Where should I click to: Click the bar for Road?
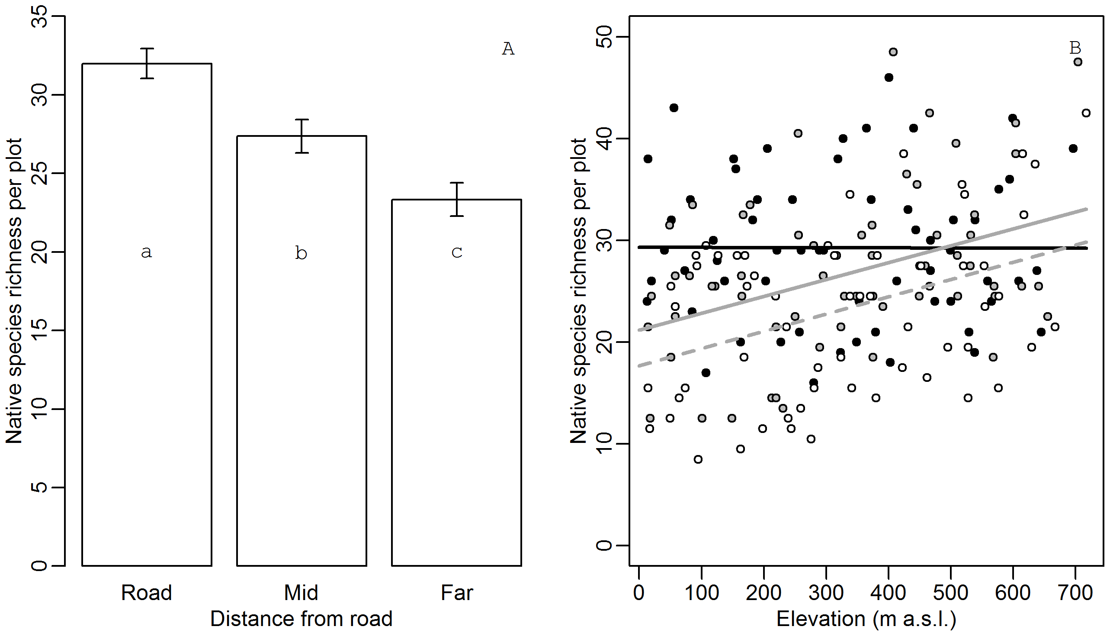click(147, 349)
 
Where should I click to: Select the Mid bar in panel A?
click(302, 371)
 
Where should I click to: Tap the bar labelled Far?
click(456, 393)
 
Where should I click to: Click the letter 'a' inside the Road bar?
click(147, 252)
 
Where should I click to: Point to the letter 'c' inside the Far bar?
click(456, 252)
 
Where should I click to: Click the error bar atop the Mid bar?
click(302, 136)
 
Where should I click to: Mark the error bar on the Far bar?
click(456, 199)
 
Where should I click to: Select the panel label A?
click(508, 49)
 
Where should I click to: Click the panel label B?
click(1075, 48)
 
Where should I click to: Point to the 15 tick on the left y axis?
click(41, 331)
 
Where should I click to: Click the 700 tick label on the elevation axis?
click(1075, 593)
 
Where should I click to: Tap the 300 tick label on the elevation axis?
click(825, 593)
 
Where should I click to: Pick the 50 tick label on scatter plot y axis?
click(605, 37)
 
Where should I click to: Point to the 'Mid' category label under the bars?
click(301, 593)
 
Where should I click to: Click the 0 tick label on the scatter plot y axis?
click(605, 545)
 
